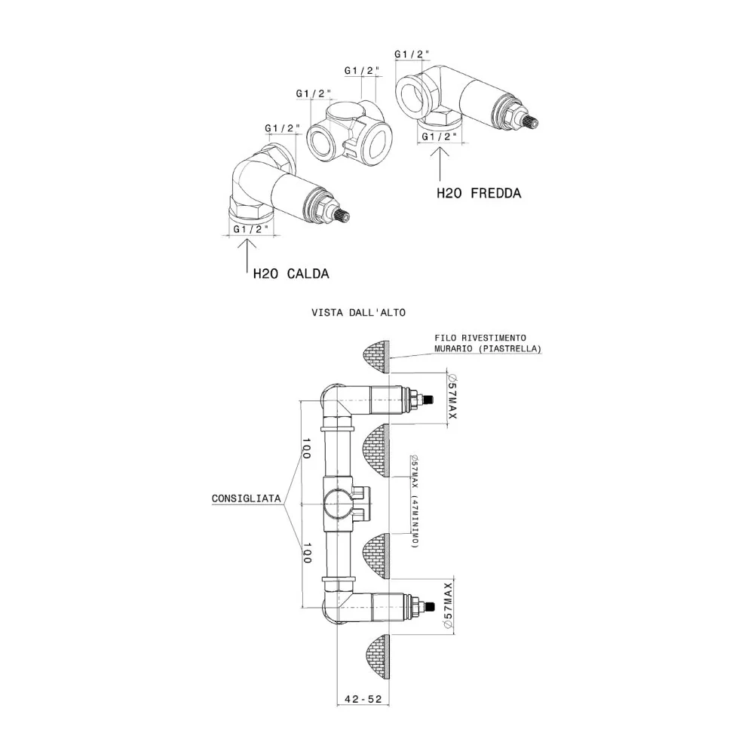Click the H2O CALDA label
pyautogui.click(x=291, y=274)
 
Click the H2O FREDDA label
pyautogui.click(x=479, y=193)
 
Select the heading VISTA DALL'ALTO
pyautogui.click(x=359, y=313)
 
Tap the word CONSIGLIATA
pyautogui.click(x=247, y=498)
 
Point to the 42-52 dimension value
pyautogui.click(x=363, y=699)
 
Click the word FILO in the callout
pyautogui.click(x=445, y=338)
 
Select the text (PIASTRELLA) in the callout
pyautogui.click(x=510, y=348)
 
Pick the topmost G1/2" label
pyautogui.click(x=412, y=54)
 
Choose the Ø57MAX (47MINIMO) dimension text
pyautogui.click(x=415, y=501)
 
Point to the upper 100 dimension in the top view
pyautogui.click(x=307, y=448)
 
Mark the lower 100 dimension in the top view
pyautogui.click(x=307, y=553)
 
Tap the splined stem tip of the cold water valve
pyautogui.click(x=531, y=121)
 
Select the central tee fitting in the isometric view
pyautogui.click(x=350, y=130)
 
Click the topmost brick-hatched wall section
pyautogui.click(x=375, y=357)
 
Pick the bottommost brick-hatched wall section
pyautogui.click(x=375, y=657)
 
